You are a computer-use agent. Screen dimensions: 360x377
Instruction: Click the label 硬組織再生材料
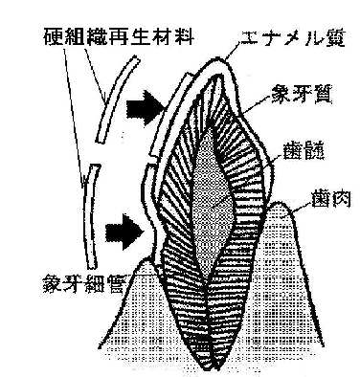coord(118,36)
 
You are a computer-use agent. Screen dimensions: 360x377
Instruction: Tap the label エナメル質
coord(292,39)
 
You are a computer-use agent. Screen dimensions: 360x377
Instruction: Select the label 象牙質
coord(302,95)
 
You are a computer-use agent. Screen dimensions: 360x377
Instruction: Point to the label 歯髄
coord(304,152)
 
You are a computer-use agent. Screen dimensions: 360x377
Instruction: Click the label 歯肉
coord(331,200)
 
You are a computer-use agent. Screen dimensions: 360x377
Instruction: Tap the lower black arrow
coord(124,232)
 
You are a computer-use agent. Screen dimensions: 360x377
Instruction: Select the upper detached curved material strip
coord(117,100)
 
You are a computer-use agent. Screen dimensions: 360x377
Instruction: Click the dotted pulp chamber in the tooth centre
coord(213,204)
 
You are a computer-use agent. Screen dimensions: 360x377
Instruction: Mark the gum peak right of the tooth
coord(280,202)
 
